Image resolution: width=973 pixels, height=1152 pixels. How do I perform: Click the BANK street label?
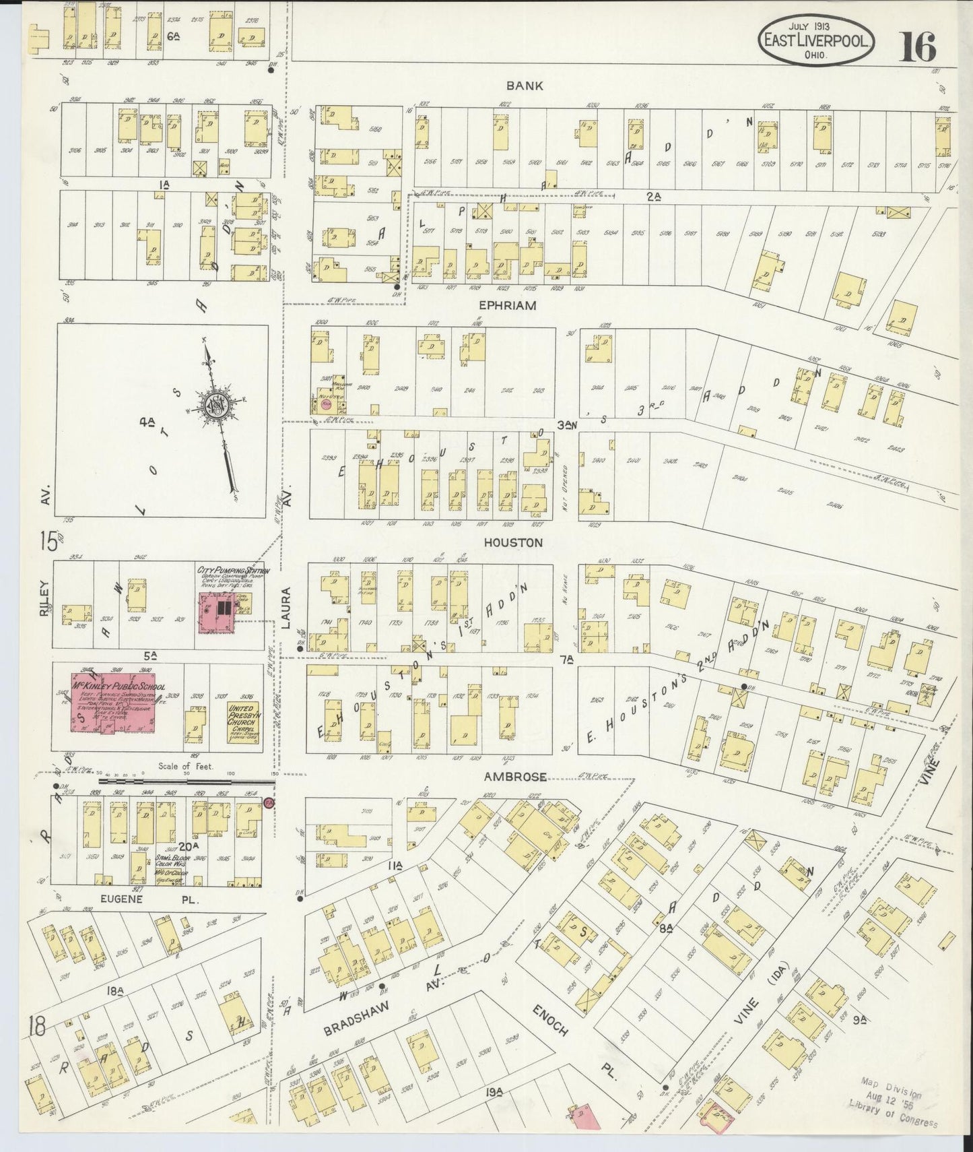point(525,86)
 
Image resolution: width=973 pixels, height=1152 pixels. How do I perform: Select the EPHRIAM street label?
point(508,305)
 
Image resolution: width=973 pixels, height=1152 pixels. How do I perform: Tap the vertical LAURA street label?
point(286,608)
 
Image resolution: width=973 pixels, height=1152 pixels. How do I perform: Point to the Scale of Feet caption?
point(185,767)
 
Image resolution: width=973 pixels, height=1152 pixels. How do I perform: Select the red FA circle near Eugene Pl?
point(269,803)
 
